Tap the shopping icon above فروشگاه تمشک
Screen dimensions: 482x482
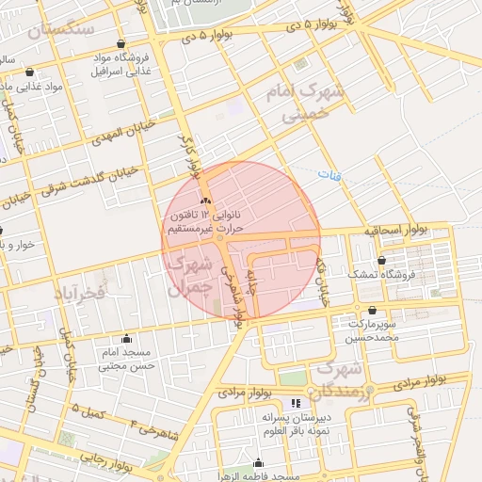point(381,260)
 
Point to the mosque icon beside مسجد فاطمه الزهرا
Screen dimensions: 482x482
point(258,462)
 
